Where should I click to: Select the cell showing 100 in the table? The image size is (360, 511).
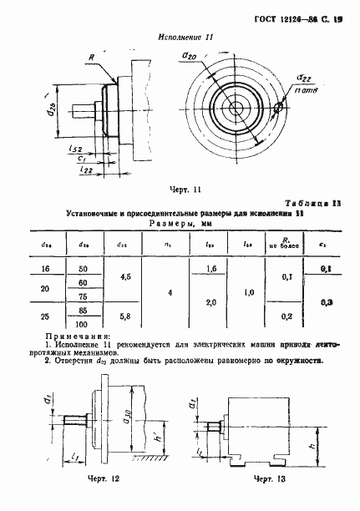pos(84,323)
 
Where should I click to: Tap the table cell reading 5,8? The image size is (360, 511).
pos(125,318)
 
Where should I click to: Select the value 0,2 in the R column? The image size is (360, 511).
pos(286,318)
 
